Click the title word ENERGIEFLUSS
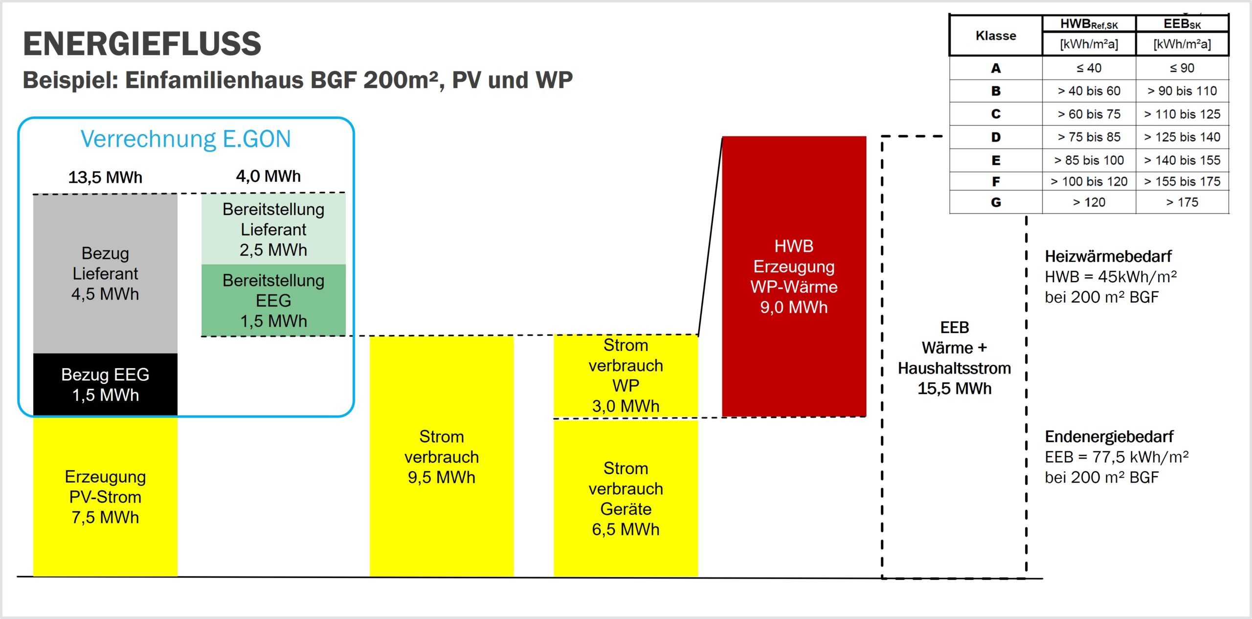[x=142, y=44]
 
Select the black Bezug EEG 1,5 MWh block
[x=105, y=385]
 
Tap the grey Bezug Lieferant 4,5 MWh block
[x=105, y=274]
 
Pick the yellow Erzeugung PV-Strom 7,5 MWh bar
[x=105, y=497]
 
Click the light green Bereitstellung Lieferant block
[x=273, y=229]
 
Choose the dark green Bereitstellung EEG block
[x=273, y=300]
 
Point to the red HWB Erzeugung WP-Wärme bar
[x=794, y=276]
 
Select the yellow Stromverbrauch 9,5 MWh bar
[x=441, y=457]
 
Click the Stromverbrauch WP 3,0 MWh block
[x=626, y=376]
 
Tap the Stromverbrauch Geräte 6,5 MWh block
[x=626, y=499]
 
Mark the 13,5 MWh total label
[x=105, y=177]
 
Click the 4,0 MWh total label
[x=268, y=176]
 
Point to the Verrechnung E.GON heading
[x=186, y=139]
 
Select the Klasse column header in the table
[x=996, y=36]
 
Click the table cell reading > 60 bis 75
[x=1089, y=114]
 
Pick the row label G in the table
[x=996, y=202]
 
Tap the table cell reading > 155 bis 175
[x=1182, y=181]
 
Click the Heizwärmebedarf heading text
[x=1108, y=256]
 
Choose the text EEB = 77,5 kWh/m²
[x=1117, y=457]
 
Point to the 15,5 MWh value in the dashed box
[x=954, y=389]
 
